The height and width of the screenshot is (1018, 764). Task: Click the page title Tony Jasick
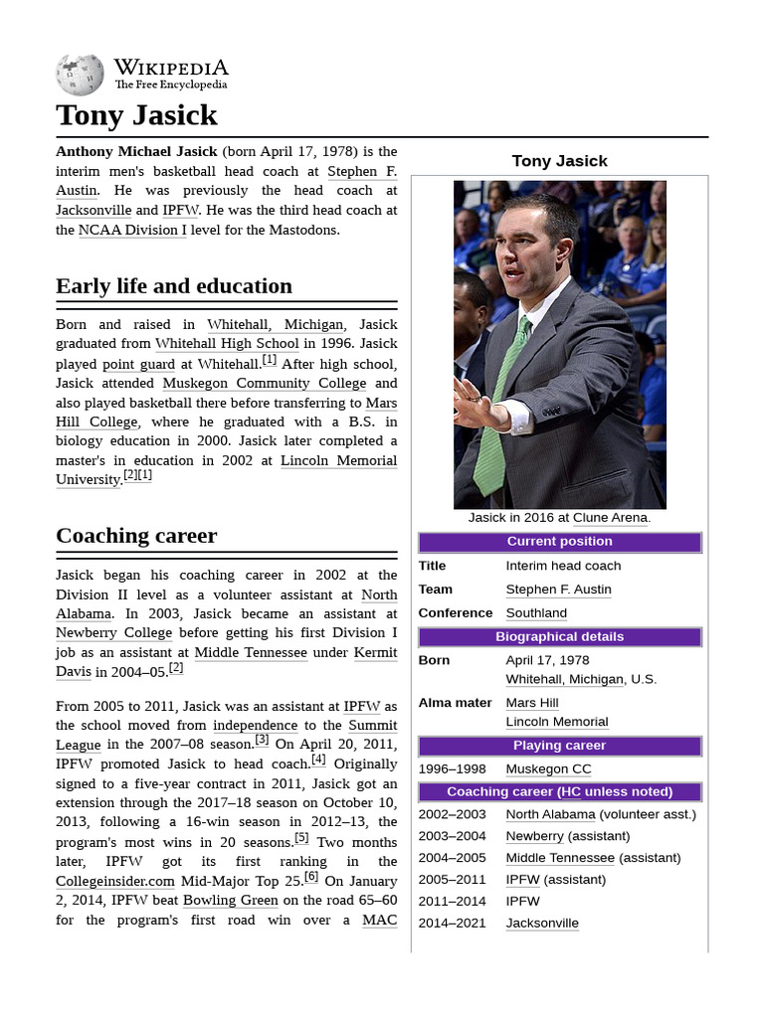pos(136,115)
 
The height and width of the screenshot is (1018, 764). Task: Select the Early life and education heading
pos(174,286)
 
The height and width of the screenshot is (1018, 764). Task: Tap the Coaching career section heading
pos(136,536)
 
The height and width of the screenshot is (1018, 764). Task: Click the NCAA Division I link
pos(132,230)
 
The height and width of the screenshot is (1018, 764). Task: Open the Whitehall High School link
pos(227,344)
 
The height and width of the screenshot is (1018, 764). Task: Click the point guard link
pos(138,364)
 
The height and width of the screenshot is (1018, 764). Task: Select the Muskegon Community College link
pos(265,383)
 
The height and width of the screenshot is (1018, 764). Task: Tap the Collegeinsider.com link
pos(115,881)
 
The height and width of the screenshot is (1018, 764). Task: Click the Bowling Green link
pos(231,900)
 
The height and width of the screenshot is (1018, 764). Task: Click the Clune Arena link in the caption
pos(610,518)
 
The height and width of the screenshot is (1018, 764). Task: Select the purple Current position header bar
pos(559,542)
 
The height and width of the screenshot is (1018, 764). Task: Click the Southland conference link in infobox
pos(536,613)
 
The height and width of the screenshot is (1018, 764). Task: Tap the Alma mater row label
pos(455,703)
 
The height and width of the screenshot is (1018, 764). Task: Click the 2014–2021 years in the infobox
pos(454,923)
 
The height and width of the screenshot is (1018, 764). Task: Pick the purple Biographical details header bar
pos(559,637)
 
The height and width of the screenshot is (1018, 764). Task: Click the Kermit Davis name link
pos(376,652)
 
